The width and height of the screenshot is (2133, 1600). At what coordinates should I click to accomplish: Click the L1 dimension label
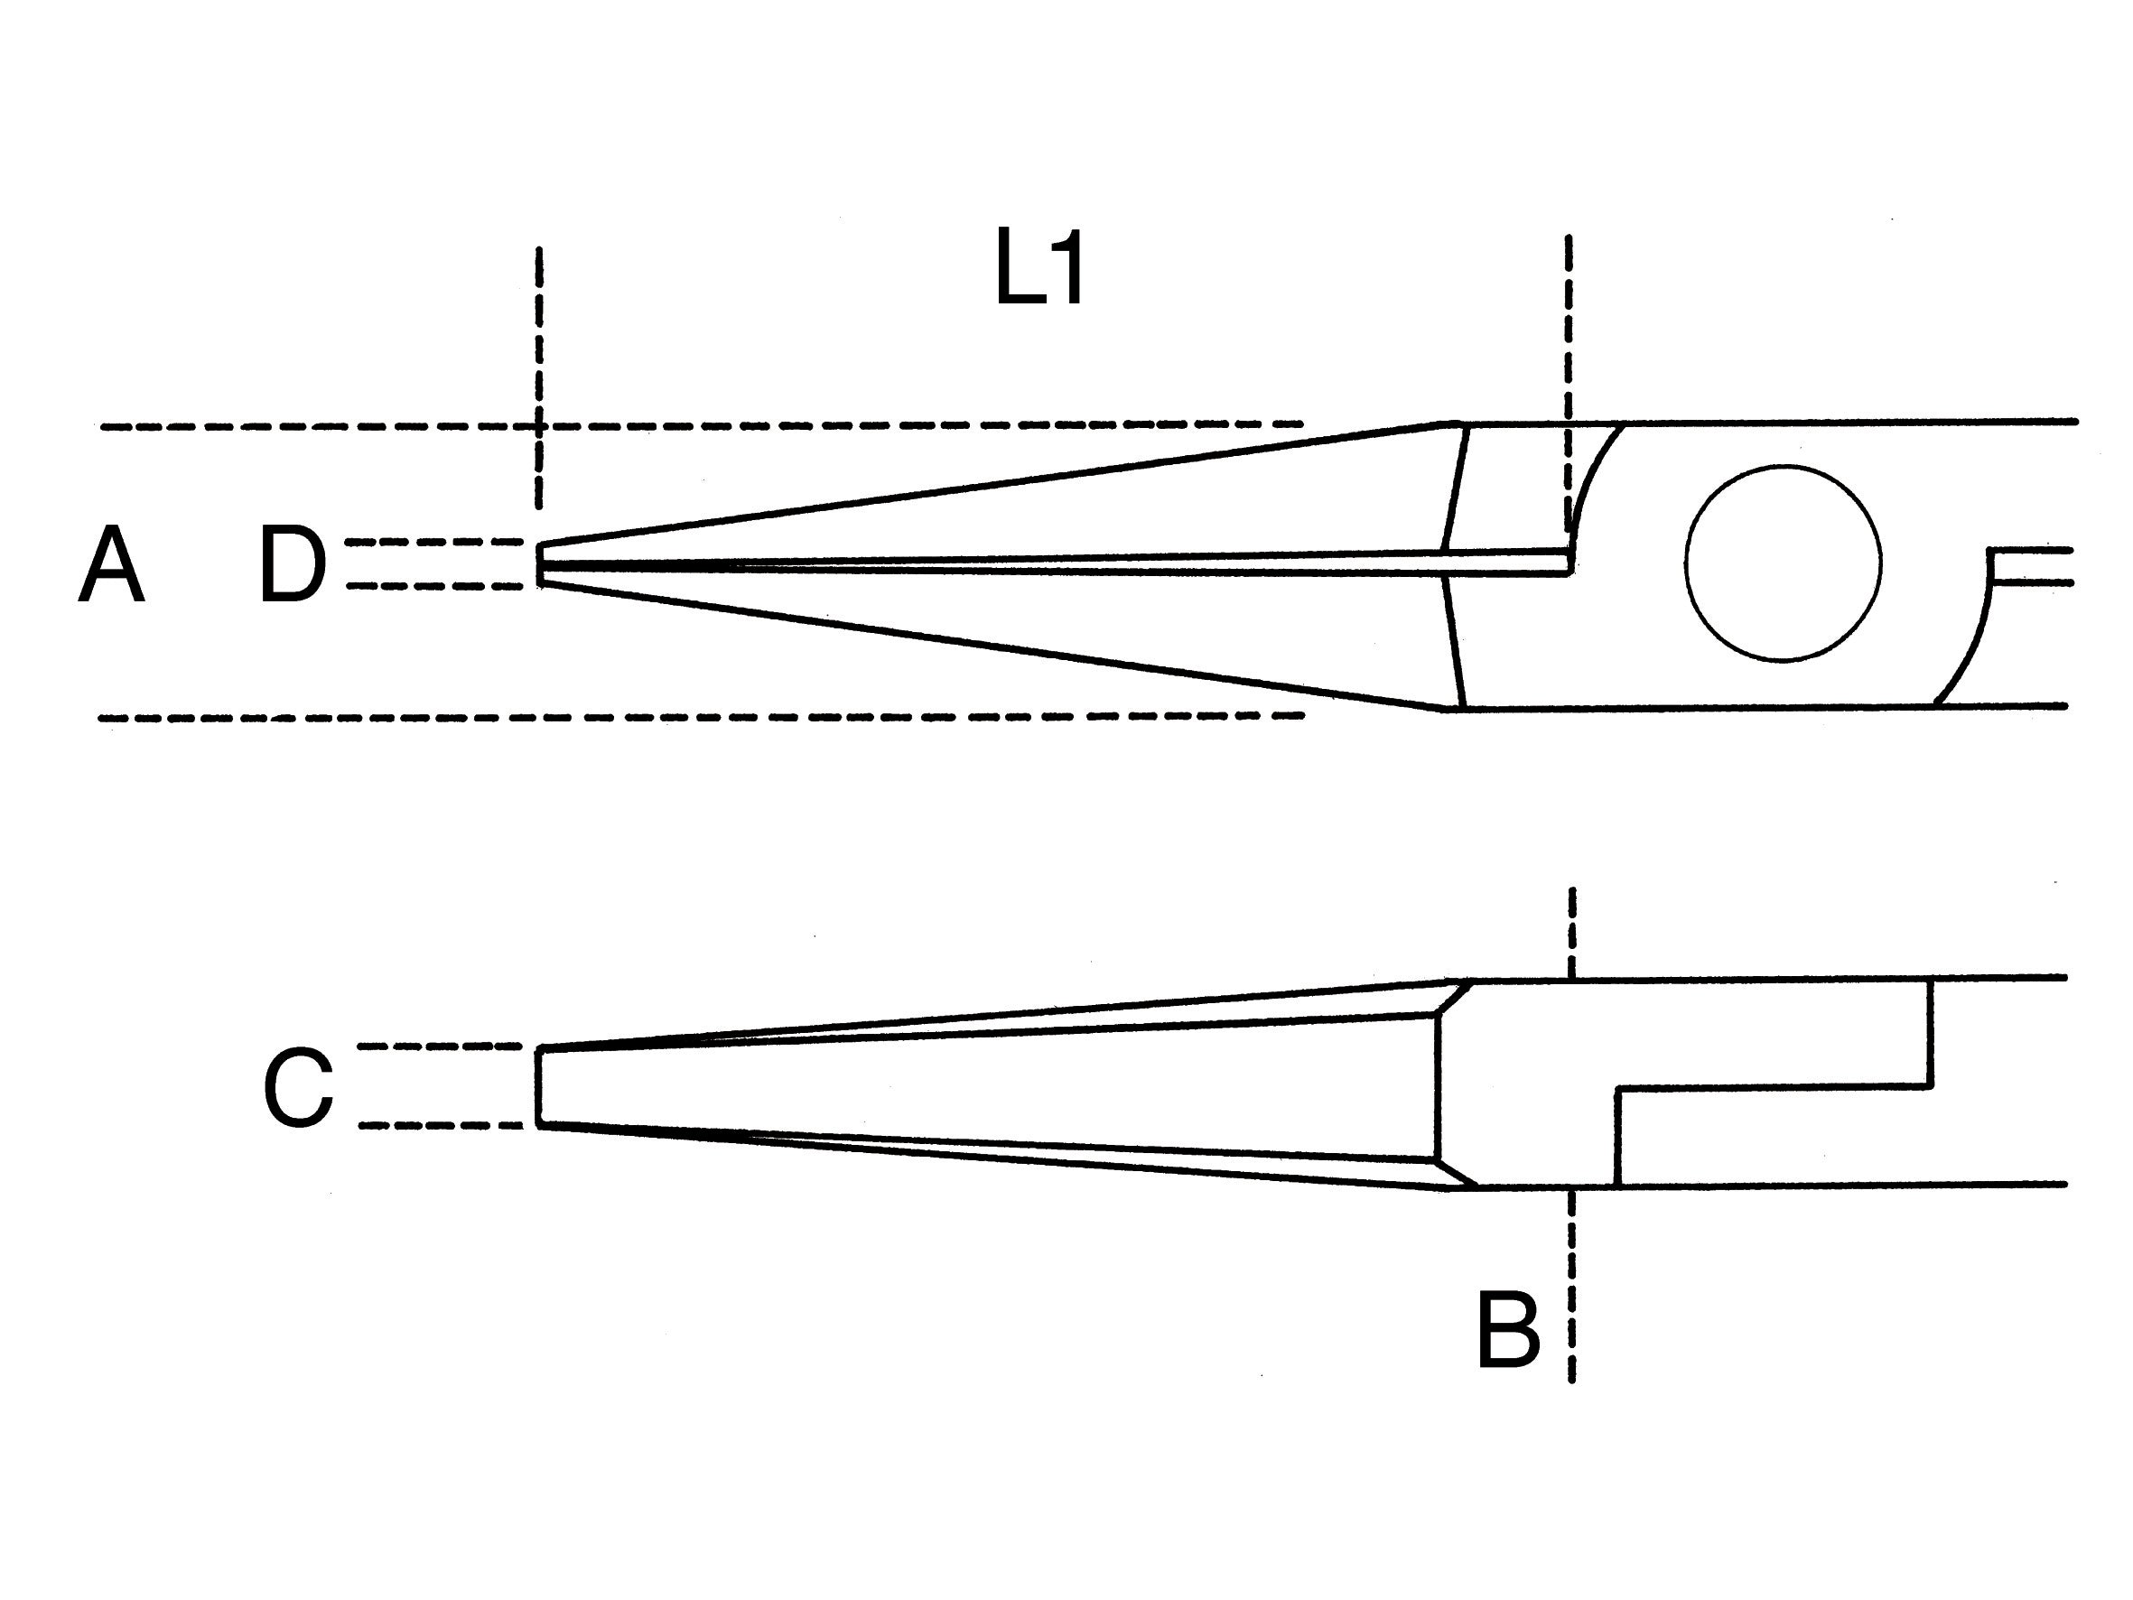1039,268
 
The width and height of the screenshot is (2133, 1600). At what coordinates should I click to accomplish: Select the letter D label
293,566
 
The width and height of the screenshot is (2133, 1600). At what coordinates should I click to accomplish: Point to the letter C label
298,1089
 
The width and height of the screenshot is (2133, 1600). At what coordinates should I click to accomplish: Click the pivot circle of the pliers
1783,563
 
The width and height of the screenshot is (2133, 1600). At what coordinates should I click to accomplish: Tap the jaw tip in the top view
542,564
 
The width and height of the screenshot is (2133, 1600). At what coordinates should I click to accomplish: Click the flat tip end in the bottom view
538,1086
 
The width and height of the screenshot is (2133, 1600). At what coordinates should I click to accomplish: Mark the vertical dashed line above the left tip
539,377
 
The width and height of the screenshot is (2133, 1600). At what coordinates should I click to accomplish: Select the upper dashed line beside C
440,1047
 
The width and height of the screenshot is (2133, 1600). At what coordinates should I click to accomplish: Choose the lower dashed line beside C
440,1125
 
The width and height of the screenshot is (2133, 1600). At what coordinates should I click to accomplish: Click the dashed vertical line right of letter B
1572,1292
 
